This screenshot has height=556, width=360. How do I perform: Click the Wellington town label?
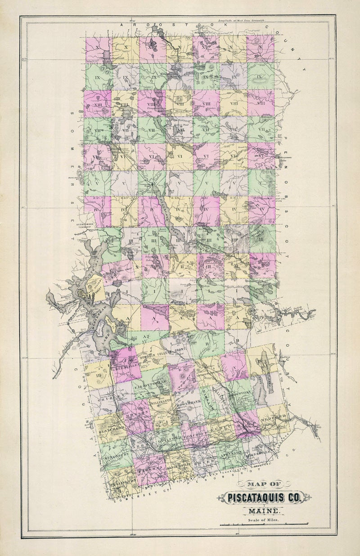pos(121,482)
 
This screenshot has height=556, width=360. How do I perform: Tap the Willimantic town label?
pos(161,400)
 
